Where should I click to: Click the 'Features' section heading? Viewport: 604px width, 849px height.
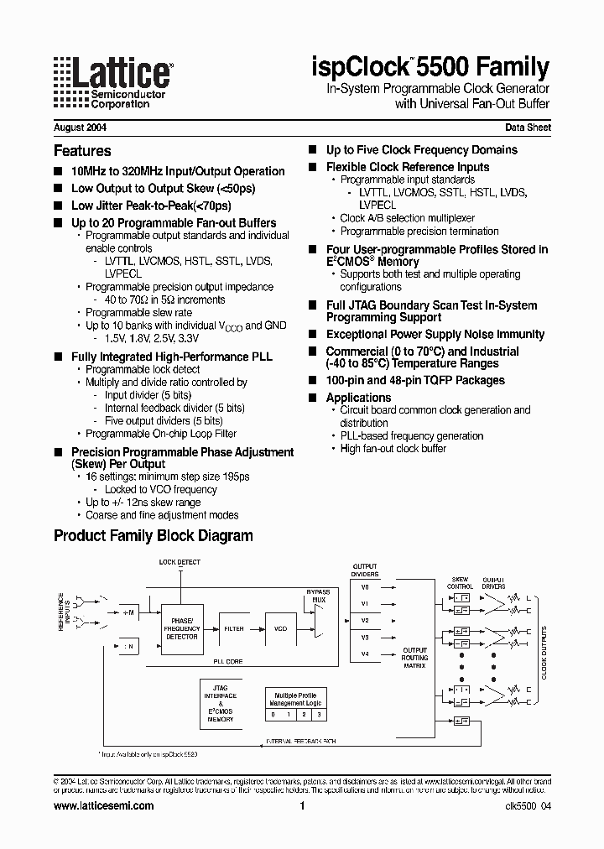pos(82,151)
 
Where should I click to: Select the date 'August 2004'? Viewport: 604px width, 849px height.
pos(80,128)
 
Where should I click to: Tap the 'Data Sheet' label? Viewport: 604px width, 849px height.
pos(527,128)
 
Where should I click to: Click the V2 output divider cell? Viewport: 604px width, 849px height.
pos(365,620)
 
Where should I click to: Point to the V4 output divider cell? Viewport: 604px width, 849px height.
pos(365,654)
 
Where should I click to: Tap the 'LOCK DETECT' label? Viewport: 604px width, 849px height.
pos(180,561)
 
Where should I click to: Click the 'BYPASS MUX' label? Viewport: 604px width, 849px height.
pos(318,596)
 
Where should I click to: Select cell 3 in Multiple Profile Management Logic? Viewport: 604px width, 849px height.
pos(319,714)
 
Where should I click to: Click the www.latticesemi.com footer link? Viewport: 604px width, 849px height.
pos(103,806)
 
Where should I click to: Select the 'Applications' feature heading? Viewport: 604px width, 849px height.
pos(358,398)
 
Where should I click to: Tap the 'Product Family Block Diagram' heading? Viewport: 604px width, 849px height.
pos(153,536)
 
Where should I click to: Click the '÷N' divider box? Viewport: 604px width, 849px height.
pos(128,647)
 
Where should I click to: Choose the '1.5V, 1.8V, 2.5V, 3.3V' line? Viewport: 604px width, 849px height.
pos(152,338)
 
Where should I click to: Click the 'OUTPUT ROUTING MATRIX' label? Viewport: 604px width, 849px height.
pos(414,658)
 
